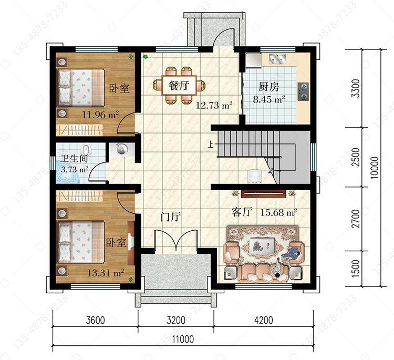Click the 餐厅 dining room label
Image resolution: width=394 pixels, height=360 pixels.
point(179,86)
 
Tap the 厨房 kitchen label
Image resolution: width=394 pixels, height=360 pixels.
point(269,87)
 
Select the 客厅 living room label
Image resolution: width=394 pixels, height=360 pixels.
point(242,212)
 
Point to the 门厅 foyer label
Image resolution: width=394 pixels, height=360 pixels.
point(171,217)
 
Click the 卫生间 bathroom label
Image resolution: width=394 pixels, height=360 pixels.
point(75,158)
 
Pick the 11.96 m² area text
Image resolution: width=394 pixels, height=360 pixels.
point(100,115)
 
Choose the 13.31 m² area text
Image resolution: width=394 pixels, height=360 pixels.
point(106,273)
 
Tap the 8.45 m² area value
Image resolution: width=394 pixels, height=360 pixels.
point(269,99)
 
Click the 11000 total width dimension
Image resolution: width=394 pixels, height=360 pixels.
point(183,340)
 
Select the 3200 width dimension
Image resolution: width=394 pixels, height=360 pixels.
point(176,321)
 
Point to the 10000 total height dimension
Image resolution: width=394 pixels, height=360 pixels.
point(375,168)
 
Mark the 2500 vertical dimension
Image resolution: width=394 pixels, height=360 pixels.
point(356,157)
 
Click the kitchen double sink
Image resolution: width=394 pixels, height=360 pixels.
point(278,59)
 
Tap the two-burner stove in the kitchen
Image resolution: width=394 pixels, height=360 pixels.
point(303,92)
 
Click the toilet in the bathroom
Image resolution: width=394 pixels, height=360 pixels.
point(86,150)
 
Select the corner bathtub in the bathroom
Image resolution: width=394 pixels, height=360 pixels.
point(68,173)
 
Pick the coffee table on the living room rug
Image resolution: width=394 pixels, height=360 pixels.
point(262,245)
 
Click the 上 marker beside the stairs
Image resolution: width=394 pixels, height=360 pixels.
point(211,145)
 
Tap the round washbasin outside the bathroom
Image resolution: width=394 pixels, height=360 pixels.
point(122,149)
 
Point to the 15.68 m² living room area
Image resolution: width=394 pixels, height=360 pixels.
point(278,213)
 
